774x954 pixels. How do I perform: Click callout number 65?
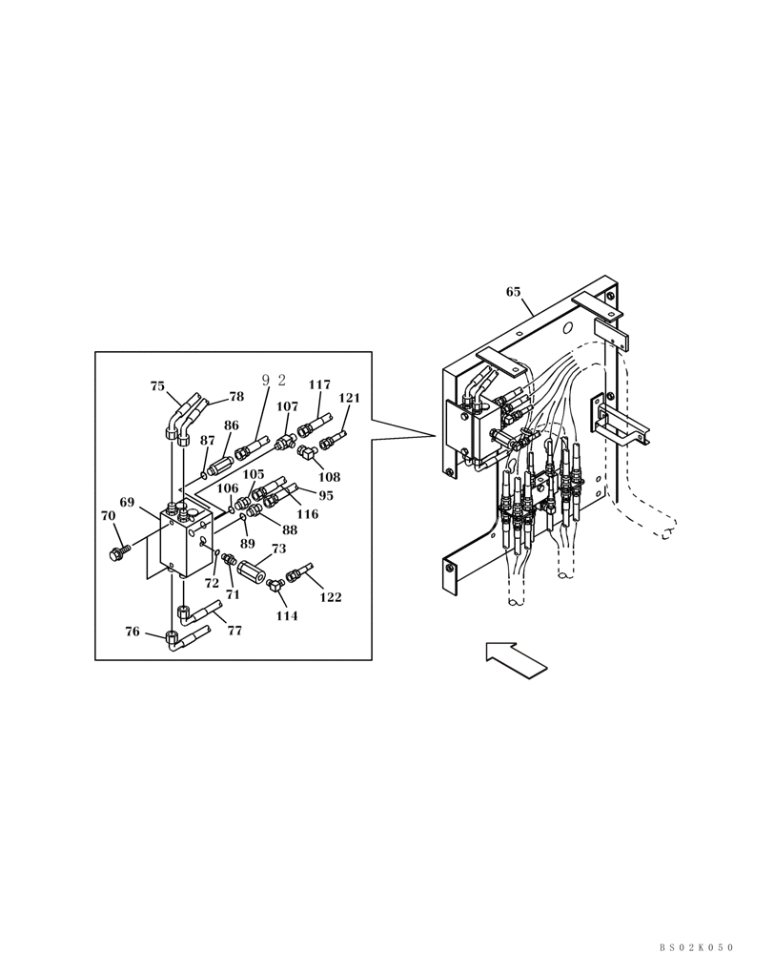(x=513, y=292)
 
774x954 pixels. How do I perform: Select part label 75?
(x=157, y=386)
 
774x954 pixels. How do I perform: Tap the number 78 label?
(x=236, y=397)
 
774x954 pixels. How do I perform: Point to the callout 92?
(x=274, y=380)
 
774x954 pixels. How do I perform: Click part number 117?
(x=319, y=384)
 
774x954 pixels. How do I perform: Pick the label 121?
(x=350, y=398)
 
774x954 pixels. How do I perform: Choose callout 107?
(x=287, y=406)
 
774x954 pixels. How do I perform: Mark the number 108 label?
(x=329, y=476)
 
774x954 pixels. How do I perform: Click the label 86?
(x=232, y=425)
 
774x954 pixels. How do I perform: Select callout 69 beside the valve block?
(x=127, y=502)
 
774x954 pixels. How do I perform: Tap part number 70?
(x=109, y=516)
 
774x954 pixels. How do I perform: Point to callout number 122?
(x=330, y=597)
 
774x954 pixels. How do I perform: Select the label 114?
(x=287, y=616)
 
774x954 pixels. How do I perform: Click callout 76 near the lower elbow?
(x=133, y=632)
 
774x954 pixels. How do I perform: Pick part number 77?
(x=234, y=631)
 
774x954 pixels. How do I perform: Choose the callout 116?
(x=307, y=514)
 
